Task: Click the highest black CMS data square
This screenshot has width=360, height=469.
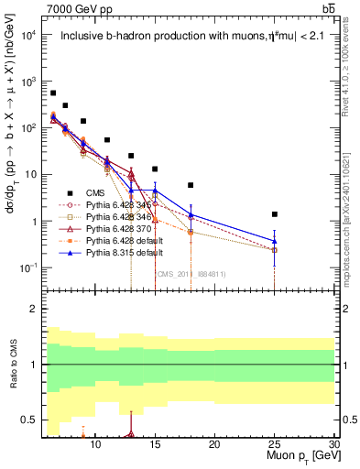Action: (53, 93)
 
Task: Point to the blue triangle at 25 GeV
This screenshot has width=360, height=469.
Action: (275, 241)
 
